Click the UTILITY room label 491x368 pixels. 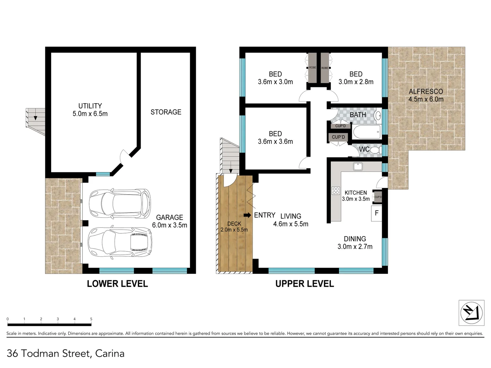coord(90,110)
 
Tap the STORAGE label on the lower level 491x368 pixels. coord(166,112)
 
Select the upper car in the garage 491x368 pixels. coord(119,204)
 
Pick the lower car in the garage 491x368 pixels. coord(119,243)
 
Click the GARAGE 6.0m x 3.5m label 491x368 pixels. coord(169,221)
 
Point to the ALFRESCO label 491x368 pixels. coord(426,95)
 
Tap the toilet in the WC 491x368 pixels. coord(375,150)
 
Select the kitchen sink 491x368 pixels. coord(358,166)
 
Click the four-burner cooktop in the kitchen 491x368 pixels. coord(336,191)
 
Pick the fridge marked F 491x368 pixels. coord(376,213)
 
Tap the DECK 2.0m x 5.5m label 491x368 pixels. coord(234,227)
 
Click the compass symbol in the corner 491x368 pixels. coord(471,313)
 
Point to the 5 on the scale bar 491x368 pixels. coord(91,319)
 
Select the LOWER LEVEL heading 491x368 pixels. coord(117,283)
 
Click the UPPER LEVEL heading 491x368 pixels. coord(304,283)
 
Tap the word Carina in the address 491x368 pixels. coord(110,353)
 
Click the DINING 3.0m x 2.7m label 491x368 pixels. coord(355,243)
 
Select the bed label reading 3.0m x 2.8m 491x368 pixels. coord(356,78)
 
